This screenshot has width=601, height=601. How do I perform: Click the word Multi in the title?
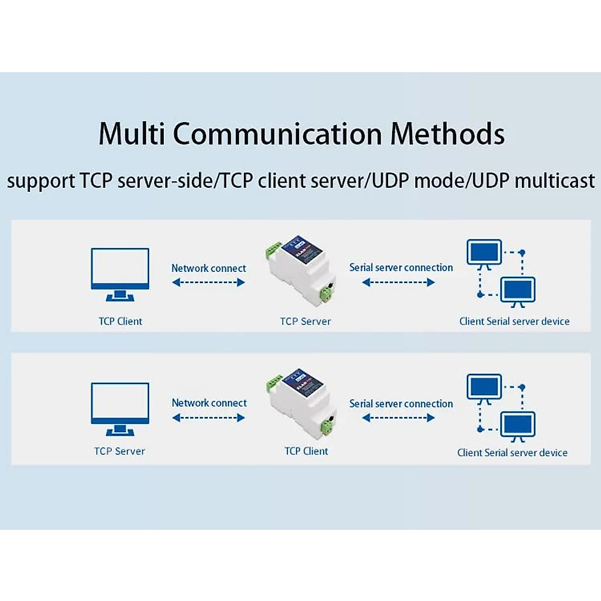(132, 134)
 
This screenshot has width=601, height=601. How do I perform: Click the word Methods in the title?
(447, 134)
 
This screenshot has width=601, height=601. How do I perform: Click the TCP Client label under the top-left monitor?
(120, 322)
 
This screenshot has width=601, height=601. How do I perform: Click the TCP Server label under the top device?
(305, 322)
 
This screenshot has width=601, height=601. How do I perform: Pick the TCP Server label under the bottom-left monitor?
(120, 451)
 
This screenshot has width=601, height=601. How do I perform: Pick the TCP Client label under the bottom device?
(306, 451)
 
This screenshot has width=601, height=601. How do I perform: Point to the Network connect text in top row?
(208, 268)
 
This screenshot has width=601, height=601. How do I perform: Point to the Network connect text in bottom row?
(209, 403)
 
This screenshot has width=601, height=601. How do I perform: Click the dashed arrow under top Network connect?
(208, 282)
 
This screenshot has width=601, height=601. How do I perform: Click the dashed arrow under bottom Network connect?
(208, 418)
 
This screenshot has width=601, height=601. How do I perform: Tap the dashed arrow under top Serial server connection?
(398, 282)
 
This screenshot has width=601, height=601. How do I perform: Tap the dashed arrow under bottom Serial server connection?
(398, 418)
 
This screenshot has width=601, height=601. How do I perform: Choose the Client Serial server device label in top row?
(514, 322)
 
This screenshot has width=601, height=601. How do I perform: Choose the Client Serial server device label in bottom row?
(512, 453)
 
